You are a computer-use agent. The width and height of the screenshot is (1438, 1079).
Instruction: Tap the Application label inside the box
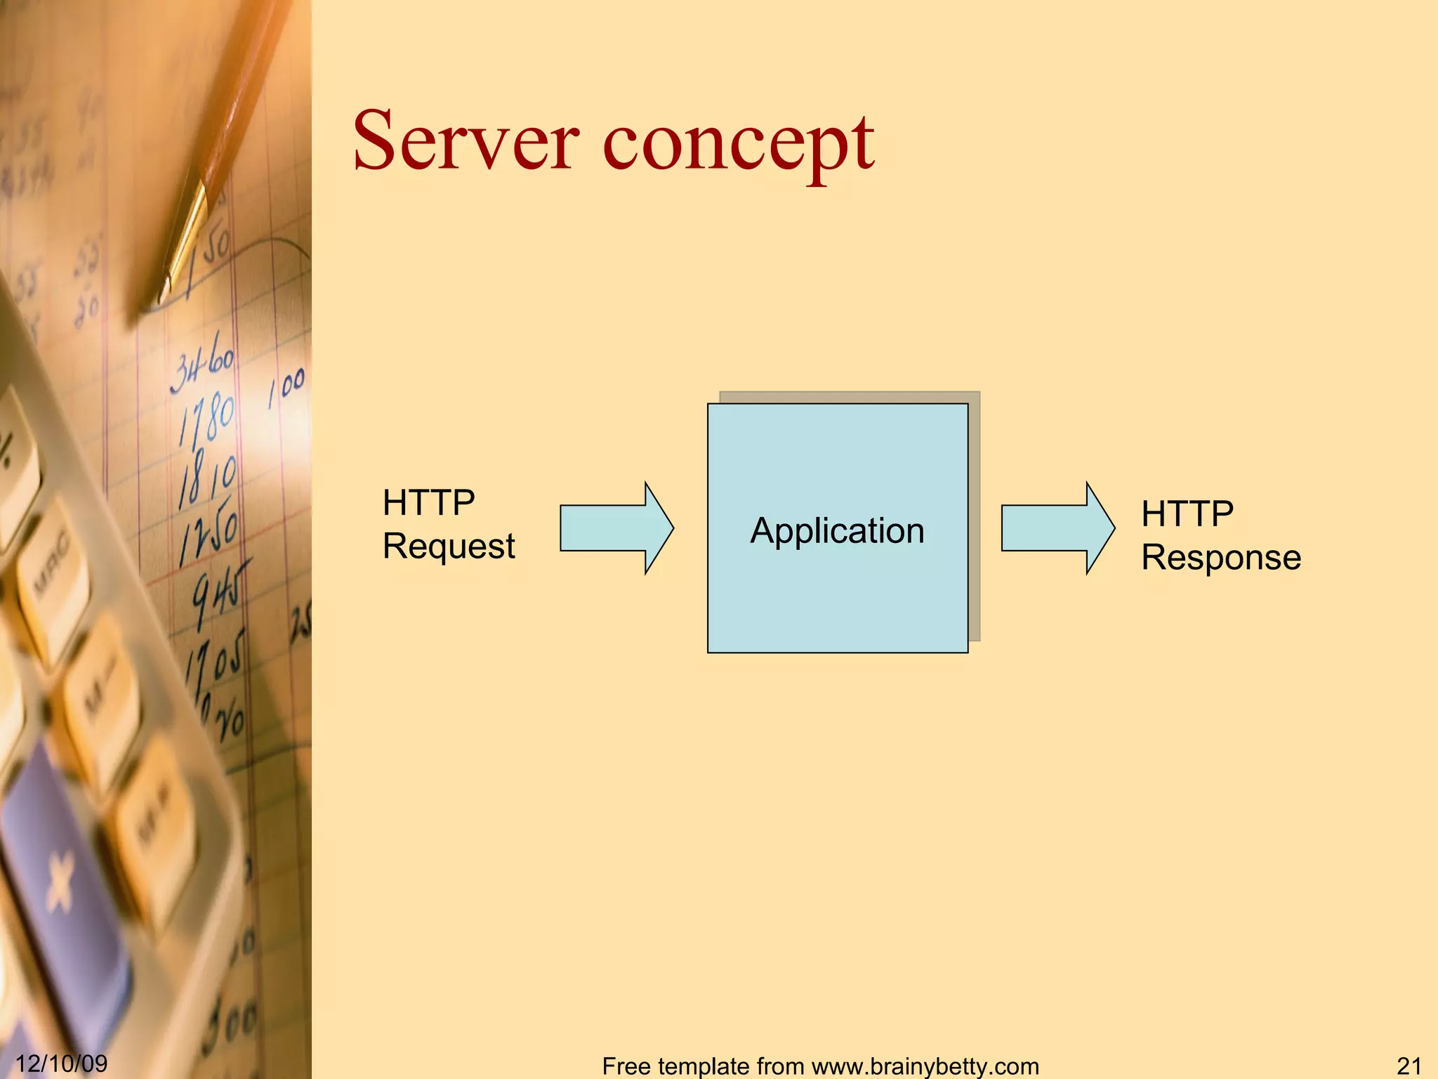pos(837,531)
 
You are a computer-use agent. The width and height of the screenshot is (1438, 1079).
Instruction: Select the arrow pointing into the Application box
pos(616,528)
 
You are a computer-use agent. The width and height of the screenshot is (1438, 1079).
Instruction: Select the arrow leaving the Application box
pos(1057,528)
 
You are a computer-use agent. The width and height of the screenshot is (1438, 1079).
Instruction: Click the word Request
pos(449,547)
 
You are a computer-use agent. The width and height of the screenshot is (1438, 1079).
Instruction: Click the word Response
pos(1221,558)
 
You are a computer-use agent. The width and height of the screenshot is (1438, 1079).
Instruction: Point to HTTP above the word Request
pos(428,503)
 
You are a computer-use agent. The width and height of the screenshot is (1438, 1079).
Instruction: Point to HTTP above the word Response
pos(1187,514)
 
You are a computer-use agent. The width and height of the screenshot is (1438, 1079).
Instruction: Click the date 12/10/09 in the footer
pos(62,1064)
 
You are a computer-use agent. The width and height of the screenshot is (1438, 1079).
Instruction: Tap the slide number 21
pos(1409,1066)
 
